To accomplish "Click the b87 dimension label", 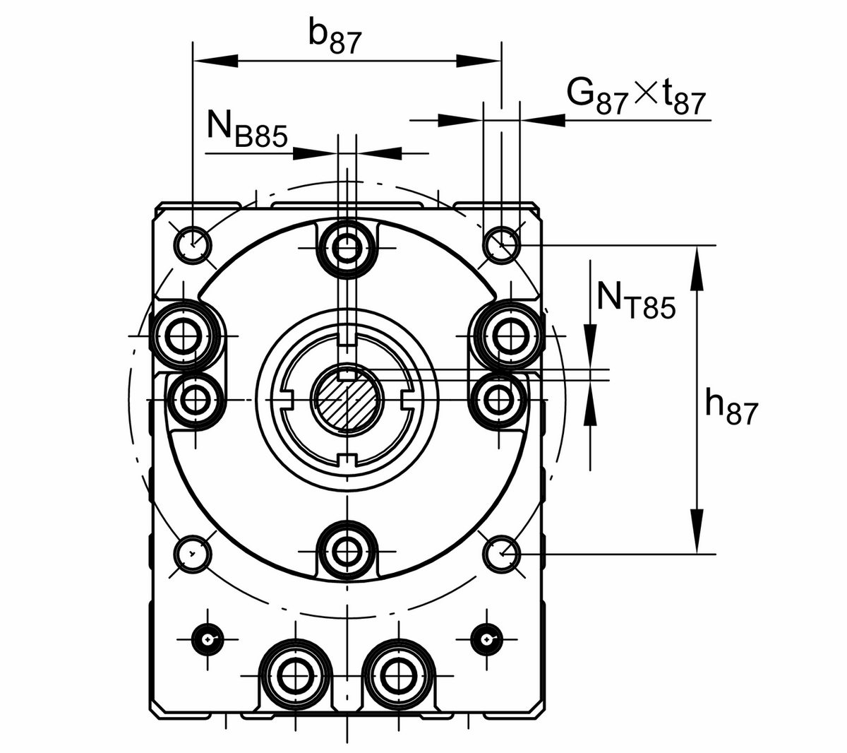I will pos(335,39).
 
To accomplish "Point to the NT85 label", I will pos(636,300).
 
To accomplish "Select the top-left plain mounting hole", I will pos(192,244).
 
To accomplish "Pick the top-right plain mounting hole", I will pos(502,244).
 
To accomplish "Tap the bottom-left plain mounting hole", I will pos(192,552).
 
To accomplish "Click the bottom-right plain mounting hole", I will pos(502,552).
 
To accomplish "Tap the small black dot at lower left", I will pos(208,639).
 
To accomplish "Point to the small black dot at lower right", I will pos(487,639).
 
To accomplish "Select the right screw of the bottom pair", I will pos(399,676).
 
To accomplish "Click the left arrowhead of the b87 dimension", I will pos(205,61).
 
